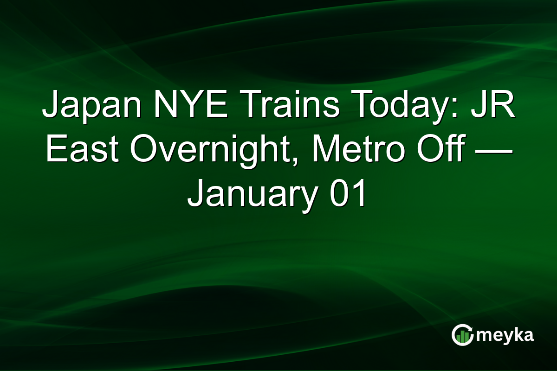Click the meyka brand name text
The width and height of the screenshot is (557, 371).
tap(506, 335)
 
